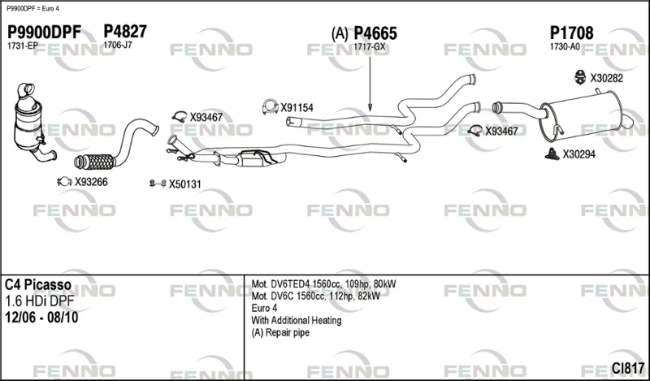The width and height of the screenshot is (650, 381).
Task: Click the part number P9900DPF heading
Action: [x=45, y=32]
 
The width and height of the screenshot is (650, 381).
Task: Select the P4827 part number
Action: [x=125, y=32]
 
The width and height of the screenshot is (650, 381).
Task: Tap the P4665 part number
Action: [x=375, y=33]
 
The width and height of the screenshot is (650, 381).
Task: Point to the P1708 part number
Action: [x=571, y=32]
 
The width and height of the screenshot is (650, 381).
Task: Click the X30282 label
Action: [x=606, y=78]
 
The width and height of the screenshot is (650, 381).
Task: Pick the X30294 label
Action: [x=578, y=154]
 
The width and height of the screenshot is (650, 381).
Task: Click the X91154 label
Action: [x=297, y=108]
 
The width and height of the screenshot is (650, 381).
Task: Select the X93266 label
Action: [x=91, y=182]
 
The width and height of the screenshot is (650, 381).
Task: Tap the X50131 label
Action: [x=184, y=184]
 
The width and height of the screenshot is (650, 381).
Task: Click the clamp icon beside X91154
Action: [x=270, y=107]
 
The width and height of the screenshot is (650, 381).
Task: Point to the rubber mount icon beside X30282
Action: [x=579, y=77]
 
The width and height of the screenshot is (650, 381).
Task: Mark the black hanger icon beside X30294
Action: [x=552, y=154]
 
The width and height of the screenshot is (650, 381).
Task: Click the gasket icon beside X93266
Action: [x=64, y=182]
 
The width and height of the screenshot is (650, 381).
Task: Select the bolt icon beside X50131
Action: [x=158, y=184]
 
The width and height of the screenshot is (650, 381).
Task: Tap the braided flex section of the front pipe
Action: [x=94, y=162]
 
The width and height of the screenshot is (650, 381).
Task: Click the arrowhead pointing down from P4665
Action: [x=370, y=108]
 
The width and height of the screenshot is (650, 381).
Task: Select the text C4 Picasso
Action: [x=37, y=285]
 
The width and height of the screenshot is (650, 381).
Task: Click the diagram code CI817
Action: [x=628, y=368]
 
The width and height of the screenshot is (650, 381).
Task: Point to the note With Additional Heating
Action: [x=297, y=320]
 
